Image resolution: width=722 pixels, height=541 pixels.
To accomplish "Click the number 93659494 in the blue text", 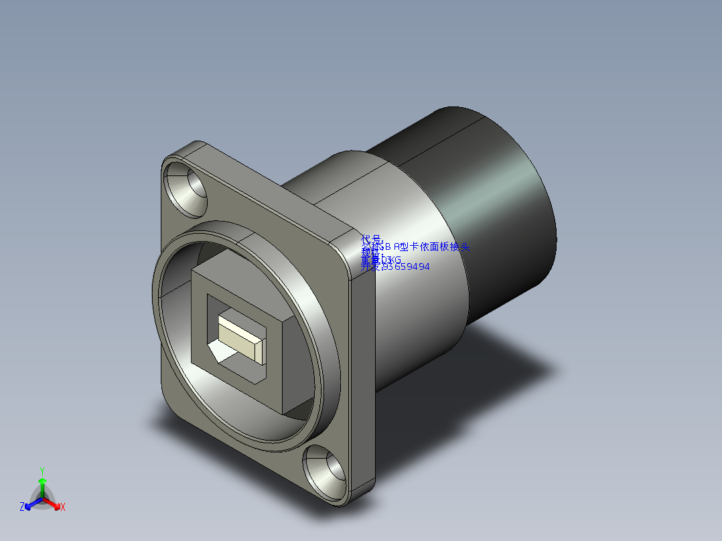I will coord(405,266).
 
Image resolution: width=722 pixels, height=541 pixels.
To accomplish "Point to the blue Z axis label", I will coord(22,507).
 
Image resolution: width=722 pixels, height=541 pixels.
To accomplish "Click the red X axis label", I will coord(63,508).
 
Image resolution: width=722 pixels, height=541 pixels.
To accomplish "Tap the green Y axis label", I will coord(42,471).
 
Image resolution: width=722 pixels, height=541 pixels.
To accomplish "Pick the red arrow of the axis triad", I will coord(54,503).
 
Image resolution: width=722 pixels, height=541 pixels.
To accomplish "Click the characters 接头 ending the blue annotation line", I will coord(461,246).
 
